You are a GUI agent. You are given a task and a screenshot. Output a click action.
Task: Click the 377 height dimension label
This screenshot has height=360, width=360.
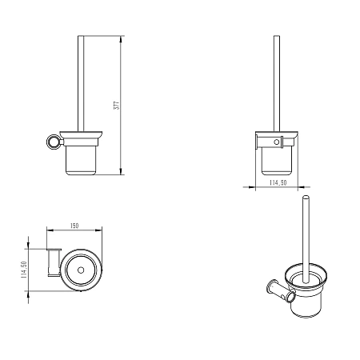coord(118,105)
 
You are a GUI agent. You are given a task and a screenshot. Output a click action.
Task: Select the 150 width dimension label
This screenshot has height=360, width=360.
coord(74,226)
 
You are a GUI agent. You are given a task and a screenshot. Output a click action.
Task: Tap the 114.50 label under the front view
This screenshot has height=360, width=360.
coord(278,182)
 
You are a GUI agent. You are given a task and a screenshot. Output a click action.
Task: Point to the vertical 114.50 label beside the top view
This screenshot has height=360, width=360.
coord(24,270)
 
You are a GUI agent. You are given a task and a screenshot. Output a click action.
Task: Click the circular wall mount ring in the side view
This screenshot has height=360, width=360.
coord(54,142)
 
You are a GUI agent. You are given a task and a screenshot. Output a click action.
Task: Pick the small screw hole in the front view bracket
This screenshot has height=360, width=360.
coord(277,142)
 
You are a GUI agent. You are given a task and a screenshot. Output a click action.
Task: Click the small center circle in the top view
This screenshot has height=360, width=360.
coord(81,270)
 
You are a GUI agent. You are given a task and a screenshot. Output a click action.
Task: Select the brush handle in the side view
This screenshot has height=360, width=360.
coord(81,83)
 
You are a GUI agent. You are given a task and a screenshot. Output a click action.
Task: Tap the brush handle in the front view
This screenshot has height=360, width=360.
coord(277,83)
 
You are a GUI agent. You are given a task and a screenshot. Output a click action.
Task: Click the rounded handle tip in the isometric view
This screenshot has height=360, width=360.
coord(306,198)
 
